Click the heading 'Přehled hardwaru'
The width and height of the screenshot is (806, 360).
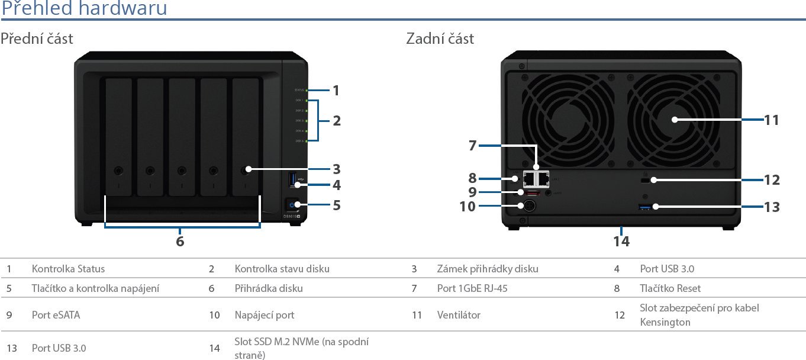pyautogui.click(x=83, y=9)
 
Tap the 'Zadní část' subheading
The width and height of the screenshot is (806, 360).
pyautogui.click(x=440, y=39)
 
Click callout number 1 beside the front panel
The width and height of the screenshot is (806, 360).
pyautogui.click(x=336, y=91)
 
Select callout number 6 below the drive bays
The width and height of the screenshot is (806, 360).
pyautogui.click(x=180, y=241)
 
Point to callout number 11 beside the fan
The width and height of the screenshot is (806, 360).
pyautogui.click(x=772, y=120)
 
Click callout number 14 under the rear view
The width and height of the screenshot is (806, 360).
pyautogui.click(x=621, y=241)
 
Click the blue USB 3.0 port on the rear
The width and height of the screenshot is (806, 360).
pyautogui.click(x=646, y=207)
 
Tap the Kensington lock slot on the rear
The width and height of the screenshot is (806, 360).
pyautogui.click(x=646, y=179)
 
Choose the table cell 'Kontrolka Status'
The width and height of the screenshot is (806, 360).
pyautogui.click(x=68, y=269)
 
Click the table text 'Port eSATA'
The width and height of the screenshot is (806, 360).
pyautogui.click(x=56, y=315)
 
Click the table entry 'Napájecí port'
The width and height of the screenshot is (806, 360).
pyautogui.click(x=264, y=315)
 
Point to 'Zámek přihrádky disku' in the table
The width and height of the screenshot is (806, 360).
pyautogui.click(x=488, y=269)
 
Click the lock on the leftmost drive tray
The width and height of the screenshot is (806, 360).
pyautogui.click(x=119, y=170)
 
